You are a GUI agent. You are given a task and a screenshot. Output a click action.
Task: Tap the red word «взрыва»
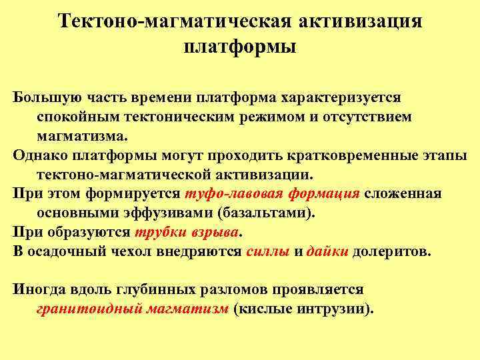point(214,233)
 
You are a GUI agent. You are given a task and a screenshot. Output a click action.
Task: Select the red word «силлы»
point(268,252)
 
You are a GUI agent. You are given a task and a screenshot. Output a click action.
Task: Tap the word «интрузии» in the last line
point(335,309)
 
